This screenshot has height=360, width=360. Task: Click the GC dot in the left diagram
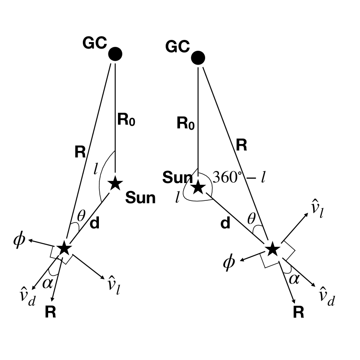tap(115, 54)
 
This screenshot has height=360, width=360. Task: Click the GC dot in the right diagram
tap(198, 57)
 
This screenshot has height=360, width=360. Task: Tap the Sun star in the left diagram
tap(115, 183)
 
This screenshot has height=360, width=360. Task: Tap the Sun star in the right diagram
tap(198, 187)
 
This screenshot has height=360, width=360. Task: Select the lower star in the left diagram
tap(64, 248)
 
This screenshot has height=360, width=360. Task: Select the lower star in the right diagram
tap(272, 249)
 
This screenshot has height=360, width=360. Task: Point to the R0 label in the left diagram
tap(126, 120)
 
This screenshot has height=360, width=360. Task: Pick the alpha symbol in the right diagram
tap(294, 278)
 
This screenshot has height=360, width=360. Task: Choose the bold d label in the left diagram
tap(95, 223)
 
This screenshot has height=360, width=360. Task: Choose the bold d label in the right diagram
tap(225, 223)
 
